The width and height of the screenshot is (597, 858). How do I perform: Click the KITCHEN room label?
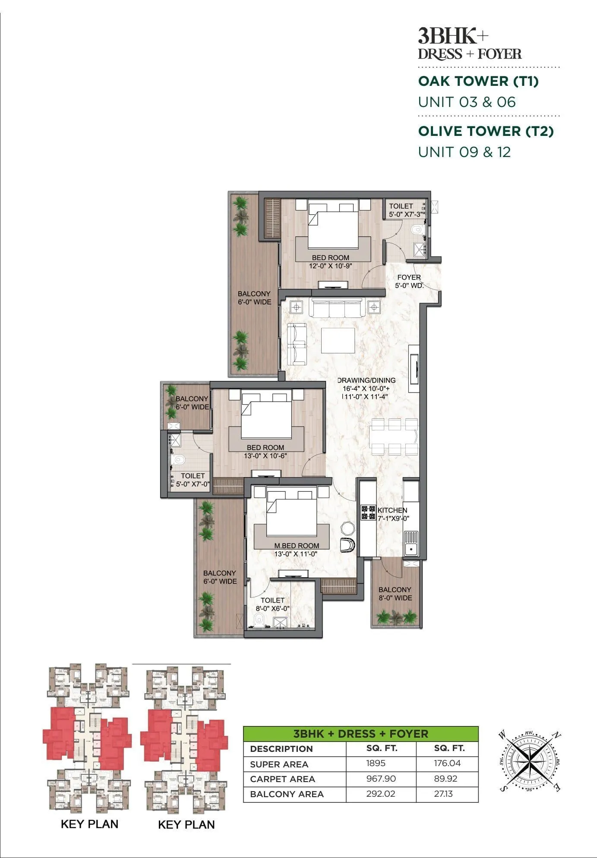pos(392,510)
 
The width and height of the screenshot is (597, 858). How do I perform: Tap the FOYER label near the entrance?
pos(409,277)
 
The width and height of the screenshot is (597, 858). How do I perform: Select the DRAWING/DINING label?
pos(366,380)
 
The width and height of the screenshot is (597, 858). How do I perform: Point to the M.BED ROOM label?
pos(297,546)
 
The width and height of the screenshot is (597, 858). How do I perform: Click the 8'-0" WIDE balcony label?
pos(395,598)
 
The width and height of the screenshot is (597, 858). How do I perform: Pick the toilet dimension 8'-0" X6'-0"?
pos(272,609)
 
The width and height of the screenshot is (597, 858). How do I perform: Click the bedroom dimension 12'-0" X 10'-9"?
pos(330,266)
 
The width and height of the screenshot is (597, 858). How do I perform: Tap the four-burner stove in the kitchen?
pos(368,512)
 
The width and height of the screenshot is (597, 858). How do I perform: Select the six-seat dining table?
pos(394,437)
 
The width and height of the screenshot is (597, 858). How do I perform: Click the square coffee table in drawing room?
pos(338,341)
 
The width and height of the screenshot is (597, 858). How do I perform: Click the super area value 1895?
pos(376,763)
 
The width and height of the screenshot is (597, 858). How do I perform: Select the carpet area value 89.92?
pos(447,779)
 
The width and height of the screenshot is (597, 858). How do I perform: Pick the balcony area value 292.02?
pos(380,794)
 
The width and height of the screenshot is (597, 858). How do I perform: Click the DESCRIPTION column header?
pos(281,749)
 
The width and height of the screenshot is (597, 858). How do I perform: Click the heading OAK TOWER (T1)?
pos(478,81)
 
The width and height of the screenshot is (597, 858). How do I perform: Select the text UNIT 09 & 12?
pos(464,152)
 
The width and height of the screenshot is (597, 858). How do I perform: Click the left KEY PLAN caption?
pos(89,824)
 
